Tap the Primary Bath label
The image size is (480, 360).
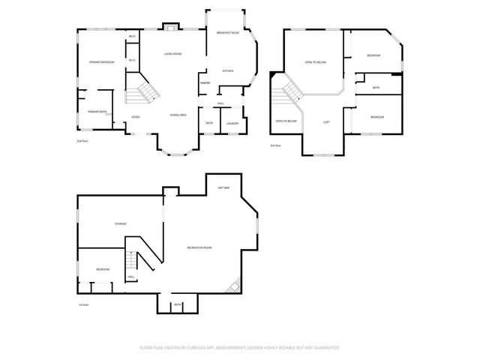point(97,112)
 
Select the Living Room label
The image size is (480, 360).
point(172,54)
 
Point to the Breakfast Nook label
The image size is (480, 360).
point(227,33)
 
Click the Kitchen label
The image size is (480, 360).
point(227,71)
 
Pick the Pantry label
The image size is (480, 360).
point(204,82)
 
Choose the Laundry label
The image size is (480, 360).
point(232,123)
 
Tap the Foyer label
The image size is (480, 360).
point(136,117)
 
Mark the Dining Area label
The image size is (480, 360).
point(178,114)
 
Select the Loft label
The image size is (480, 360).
point(326,121)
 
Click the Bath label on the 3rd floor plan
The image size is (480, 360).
point(376,88)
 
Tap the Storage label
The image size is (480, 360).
point(120,223)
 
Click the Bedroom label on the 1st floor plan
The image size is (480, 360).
point(103,269)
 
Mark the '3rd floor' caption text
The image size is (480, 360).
point(275,145)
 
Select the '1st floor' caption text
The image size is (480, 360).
point(83,304)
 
